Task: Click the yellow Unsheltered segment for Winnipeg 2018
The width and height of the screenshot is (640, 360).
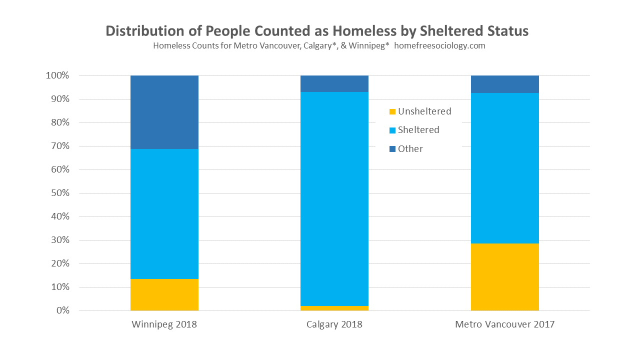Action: [x=164, y=294]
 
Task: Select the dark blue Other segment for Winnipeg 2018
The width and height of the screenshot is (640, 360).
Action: [x=164, y=112]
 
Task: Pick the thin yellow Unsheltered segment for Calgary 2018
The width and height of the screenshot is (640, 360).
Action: [x=334, y=308]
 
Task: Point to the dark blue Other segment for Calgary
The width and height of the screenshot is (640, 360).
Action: [x=334, y=83]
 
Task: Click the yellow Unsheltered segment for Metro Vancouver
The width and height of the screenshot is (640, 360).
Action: [x=504, y=277]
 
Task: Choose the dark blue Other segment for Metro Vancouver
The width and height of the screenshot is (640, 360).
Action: [x=504, y=84]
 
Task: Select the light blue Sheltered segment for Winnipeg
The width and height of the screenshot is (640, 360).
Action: [x=164, y=213]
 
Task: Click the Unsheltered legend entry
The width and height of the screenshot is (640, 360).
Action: [x=420, y=111]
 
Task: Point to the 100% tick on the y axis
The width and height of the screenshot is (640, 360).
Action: [x=57, y=75]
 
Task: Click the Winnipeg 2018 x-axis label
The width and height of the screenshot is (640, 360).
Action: [x=164, y=324]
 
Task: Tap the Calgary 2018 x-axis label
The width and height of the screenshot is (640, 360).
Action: [x=334, y=324]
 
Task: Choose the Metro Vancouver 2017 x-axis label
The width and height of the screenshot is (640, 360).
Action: [x=504, y=324]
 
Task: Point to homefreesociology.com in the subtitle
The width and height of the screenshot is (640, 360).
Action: [x=439, y=46]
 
